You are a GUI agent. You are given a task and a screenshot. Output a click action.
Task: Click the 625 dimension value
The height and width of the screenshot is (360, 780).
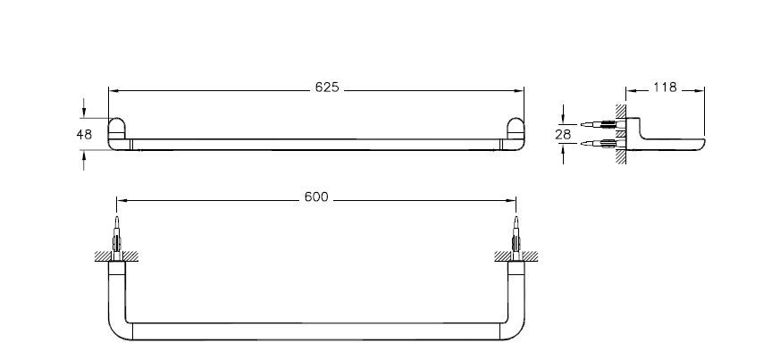(x=327, y=88)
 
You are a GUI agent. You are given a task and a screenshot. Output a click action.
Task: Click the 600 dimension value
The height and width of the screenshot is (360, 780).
(x=317, y=197)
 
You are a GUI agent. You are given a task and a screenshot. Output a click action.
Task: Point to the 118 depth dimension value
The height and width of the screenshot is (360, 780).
(x=665, y=88)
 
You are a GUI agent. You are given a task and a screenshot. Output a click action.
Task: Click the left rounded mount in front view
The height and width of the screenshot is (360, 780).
(x=117, y=131)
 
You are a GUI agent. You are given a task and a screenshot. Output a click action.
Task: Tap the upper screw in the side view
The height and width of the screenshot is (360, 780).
(x=596, y=123)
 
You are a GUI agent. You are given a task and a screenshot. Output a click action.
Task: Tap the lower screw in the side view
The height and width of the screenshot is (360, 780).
(x=596, y=142)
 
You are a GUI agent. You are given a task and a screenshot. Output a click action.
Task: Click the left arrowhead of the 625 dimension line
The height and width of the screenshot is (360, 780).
(x=112, y=89)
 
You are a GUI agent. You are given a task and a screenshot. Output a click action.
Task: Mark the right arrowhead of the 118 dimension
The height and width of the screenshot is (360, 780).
(x=702, y=88)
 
